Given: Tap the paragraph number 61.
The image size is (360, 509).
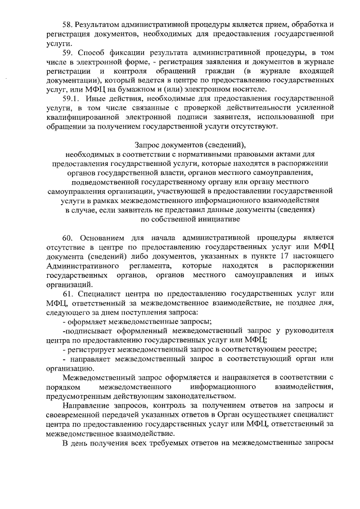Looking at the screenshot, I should pyautogui.click(x=67, y=293).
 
